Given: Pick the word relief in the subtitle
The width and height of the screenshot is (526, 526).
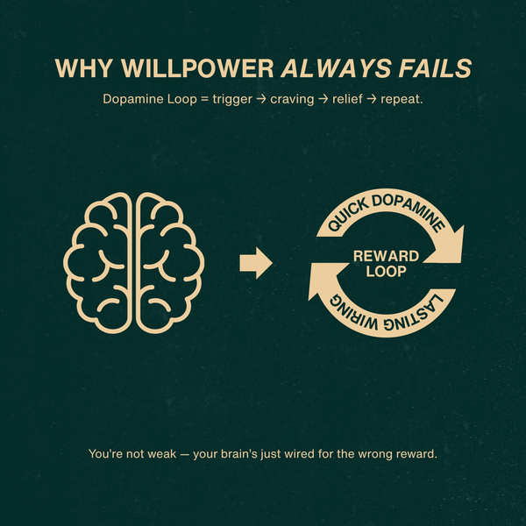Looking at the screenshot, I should (328, 100).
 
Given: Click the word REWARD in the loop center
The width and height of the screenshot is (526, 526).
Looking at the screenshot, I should (386, 256).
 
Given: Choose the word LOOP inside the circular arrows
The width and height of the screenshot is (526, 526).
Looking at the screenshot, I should (386, 273).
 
